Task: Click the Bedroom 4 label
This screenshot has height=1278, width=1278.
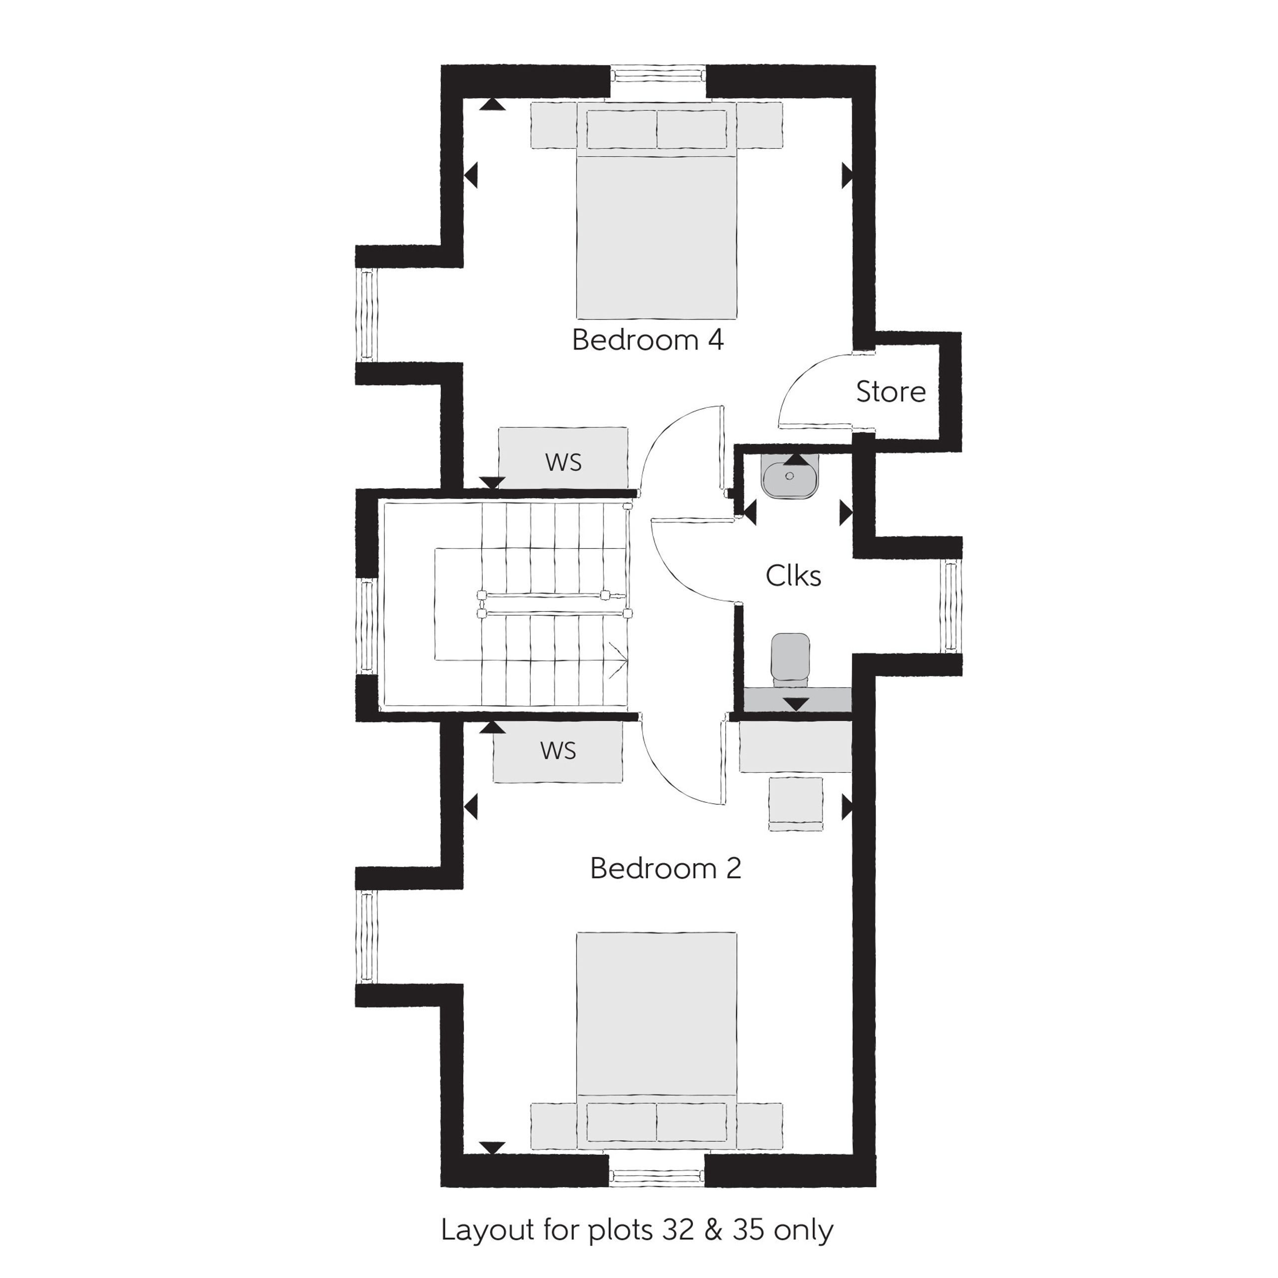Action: pyautogui.click(x=647, y=340)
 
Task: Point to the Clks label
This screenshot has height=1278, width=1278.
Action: pyautogui.click(x=793, y=576)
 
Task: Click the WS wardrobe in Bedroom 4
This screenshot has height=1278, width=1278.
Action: pyautogui.click(x=563, y=458)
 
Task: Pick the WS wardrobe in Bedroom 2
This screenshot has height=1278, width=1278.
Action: pyautogui.click(x=558, y=751)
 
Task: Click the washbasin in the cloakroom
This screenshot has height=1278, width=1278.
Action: pyautogui.click(x=790, y=476)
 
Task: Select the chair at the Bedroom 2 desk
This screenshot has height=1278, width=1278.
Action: pyautogui.click(x=796, y=803)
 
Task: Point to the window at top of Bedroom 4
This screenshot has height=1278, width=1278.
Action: pyautogui.click(x=658, y=73)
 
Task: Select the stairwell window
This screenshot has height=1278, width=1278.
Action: pyautogui.click(x=366, y=626)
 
